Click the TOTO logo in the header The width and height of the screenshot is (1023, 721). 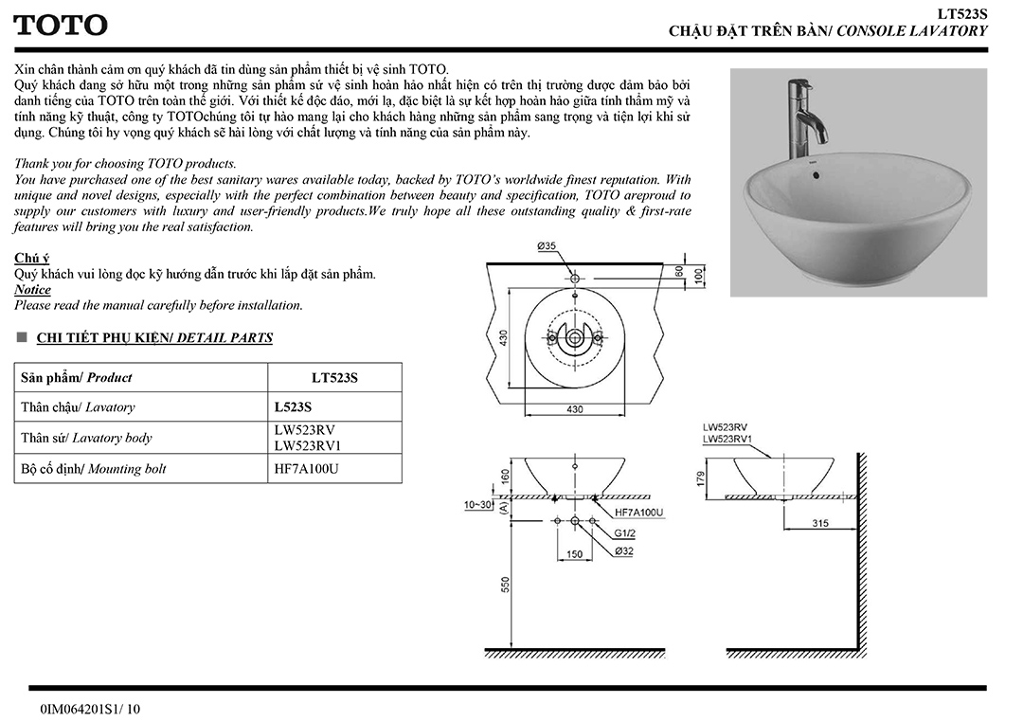(x=60, y=26)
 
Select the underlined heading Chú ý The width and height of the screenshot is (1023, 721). (x=32, y=258)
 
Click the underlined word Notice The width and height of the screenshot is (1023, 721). (x=33, y=290)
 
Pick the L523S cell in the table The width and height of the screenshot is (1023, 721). (x=293, y=406)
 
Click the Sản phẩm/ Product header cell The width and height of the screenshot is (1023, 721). (x=77, y=377)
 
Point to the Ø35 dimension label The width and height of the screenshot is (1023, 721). (x=547, y=246)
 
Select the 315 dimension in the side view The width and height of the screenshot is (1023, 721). (x=819, y=523)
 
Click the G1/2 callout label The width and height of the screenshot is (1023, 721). (x=624, y=532)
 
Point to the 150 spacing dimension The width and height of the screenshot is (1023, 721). (x=575, y=554)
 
